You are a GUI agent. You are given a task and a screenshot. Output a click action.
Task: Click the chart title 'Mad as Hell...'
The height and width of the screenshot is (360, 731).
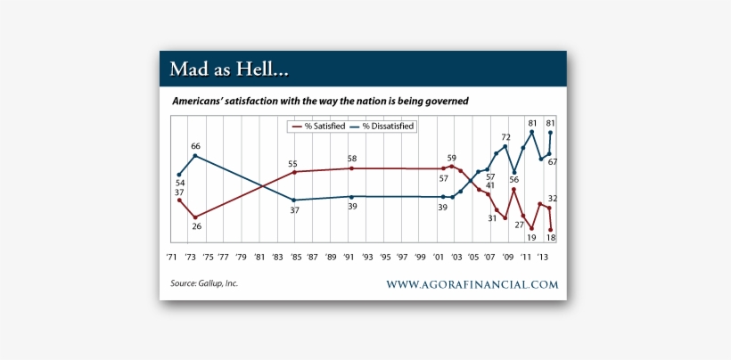(230, 69)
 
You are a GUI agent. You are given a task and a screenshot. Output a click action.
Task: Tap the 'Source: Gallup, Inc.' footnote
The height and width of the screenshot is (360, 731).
(204, 283)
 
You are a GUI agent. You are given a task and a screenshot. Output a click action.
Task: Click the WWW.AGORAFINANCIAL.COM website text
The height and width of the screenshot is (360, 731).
(472, 284)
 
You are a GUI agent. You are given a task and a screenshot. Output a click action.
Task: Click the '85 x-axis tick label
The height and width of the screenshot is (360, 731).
(294, 257)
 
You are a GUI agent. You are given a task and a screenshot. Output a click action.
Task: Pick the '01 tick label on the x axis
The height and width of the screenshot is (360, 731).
(438, 257)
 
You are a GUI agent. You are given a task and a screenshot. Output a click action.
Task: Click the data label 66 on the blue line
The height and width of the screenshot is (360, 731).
(195, 145)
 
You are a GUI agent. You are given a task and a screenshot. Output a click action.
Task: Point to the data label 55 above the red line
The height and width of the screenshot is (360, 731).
(292, 163)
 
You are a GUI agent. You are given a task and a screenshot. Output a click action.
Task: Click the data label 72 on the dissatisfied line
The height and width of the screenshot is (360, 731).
(505, 137)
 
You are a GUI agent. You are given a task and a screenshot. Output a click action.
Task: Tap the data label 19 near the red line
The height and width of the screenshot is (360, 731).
(531, 237)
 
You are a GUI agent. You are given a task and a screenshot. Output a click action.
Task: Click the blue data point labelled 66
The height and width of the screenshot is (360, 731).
(195, 156)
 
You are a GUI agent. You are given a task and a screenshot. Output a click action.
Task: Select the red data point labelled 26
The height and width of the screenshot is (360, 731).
(195, 217)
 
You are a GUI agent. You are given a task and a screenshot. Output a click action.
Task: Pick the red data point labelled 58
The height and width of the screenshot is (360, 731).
(351, 168)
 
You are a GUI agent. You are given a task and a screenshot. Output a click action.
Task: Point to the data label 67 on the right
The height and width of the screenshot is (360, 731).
(552, 161)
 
